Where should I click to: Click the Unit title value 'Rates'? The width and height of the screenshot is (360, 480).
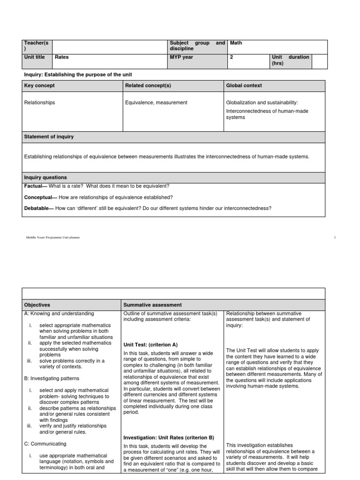62,57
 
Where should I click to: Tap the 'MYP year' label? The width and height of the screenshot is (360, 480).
181,57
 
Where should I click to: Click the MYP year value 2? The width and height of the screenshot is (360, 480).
231,57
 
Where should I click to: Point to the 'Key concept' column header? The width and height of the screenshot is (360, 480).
39,85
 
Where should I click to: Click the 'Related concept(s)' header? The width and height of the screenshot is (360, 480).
148,85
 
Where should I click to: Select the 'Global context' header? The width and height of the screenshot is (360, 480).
244,85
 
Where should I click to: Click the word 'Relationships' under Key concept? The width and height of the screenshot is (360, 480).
39,102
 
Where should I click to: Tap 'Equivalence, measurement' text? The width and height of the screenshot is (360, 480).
156,102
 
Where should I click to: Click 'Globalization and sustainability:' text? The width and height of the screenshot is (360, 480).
262,102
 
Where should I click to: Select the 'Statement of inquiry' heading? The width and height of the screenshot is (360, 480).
49,136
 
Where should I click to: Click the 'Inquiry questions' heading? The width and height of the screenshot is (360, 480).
45,177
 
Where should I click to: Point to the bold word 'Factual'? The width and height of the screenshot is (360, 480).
34,186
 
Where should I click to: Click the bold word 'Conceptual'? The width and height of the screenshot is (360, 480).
38,197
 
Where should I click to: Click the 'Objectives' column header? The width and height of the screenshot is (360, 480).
37,305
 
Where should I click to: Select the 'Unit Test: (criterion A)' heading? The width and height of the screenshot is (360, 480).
150,344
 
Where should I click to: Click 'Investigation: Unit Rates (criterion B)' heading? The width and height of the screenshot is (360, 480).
168,437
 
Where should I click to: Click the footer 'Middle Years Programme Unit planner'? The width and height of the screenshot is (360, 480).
52,238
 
